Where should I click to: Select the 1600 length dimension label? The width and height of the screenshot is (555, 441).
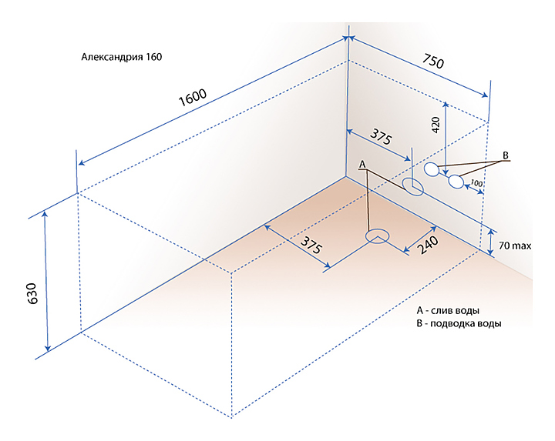pos(192,99)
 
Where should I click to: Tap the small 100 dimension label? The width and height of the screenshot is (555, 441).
pos(476,184)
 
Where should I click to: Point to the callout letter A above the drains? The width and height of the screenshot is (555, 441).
pos(362,164)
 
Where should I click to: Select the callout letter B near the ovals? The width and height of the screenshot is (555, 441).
pos(506,155)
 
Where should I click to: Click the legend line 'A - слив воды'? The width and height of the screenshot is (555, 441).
pos(448,310)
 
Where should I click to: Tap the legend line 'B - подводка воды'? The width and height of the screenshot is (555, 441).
pos(459,324)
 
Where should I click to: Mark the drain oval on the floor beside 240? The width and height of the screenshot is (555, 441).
pos(377,236)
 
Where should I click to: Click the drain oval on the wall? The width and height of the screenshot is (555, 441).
pos(412,186)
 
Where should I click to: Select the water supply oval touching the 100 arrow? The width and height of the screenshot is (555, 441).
pos(457,182)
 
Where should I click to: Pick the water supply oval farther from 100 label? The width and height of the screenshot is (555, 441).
pos(432,169)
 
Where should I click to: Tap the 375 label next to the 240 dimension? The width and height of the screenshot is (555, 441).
pos(311,246)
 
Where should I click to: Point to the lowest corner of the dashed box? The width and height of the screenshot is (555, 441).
pos(232,416)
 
